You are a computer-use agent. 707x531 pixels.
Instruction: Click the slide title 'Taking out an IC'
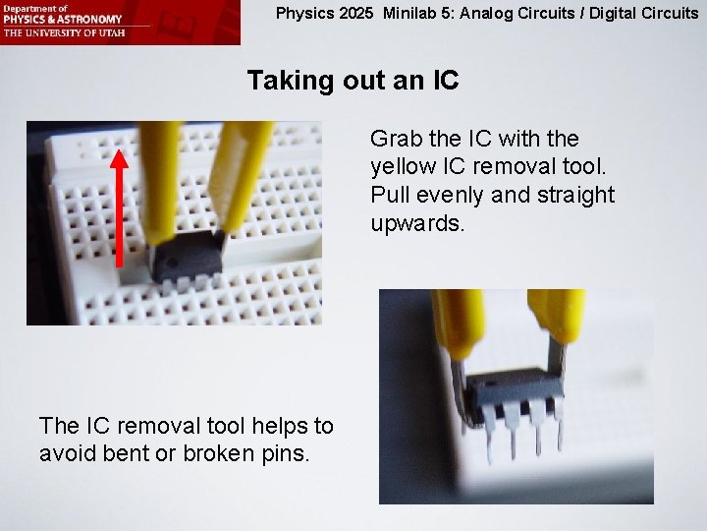point(353,81)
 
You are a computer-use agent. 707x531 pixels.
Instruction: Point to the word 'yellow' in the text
point(403,167)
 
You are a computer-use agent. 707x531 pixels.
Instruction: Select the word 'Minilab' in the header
point(412,14)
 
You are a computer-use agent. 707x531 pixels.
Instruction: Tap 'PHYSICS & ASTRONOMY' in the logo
point(63,19)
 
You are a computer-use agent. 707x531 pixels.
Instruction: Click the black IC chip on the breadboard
point(186,257)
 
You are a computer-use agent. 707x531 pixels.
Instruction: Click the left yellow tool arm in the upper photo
point(161,177)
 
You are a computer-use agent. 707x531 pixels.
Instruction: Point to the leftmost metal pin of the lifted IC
point(489,443)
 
